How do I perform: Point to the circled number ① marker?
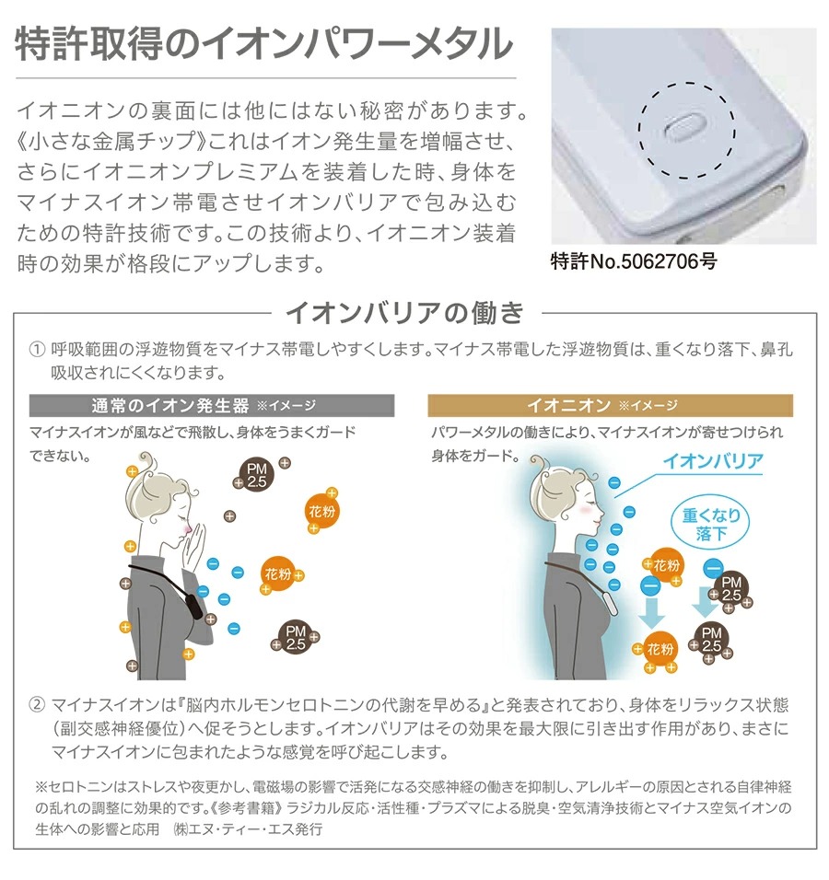tap(37, 352)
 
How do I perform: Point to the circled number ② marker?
tap(37, 706)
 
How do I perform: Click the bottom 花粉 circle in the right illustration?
tap(660, 650)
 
